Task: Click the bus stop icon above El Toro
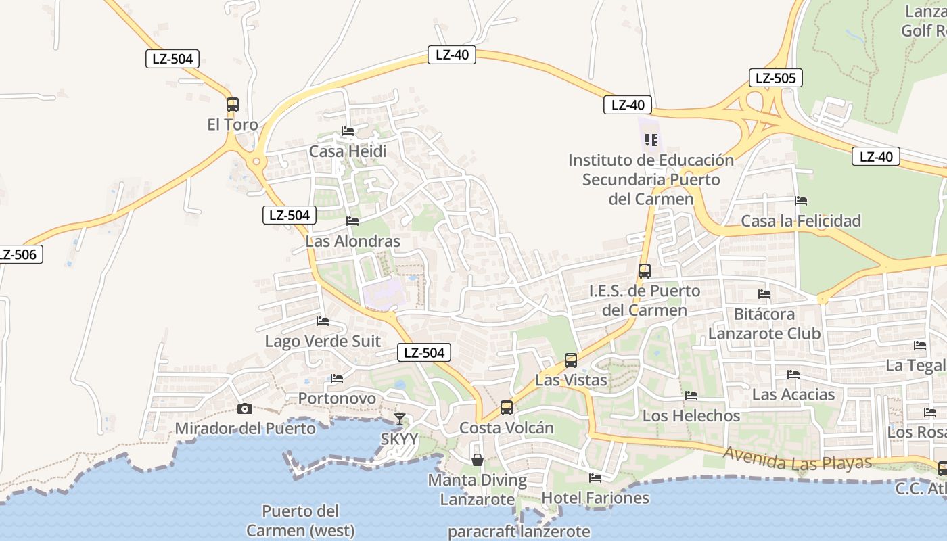click(233, 105)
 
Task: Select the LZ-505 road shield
click(775, 78)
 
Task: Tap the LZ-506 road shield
click(18, 254)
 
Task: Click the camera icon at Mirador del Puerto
click(245, 408)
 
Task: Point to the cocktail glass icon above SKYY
click(400, 419)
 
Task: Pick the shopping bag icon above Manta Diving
click(478, 460)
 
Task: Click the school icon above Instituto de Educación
click(651, 140)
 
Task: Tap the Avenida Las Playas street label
click(798, 460)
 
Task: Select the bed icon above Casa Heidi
click(348, 131)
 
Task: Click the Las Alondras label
click(353, 241)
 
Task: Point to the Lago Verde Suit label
click(323, 342)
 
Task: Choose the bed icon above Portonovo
click(337, 379)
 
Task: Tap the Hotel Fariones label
click(595, 498)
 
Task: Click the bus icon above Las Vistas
click(571, 360)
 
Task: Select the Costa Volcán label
click(507, 428)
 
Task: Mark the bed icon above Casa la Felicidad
click(801, 201)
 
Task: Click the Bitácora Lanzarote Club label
click(764, 324)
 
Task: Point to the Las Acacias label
click(793, 394)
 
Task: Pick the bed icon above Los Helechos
click(691, 396)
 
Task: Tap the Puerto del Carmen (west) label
click(300, 521)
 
